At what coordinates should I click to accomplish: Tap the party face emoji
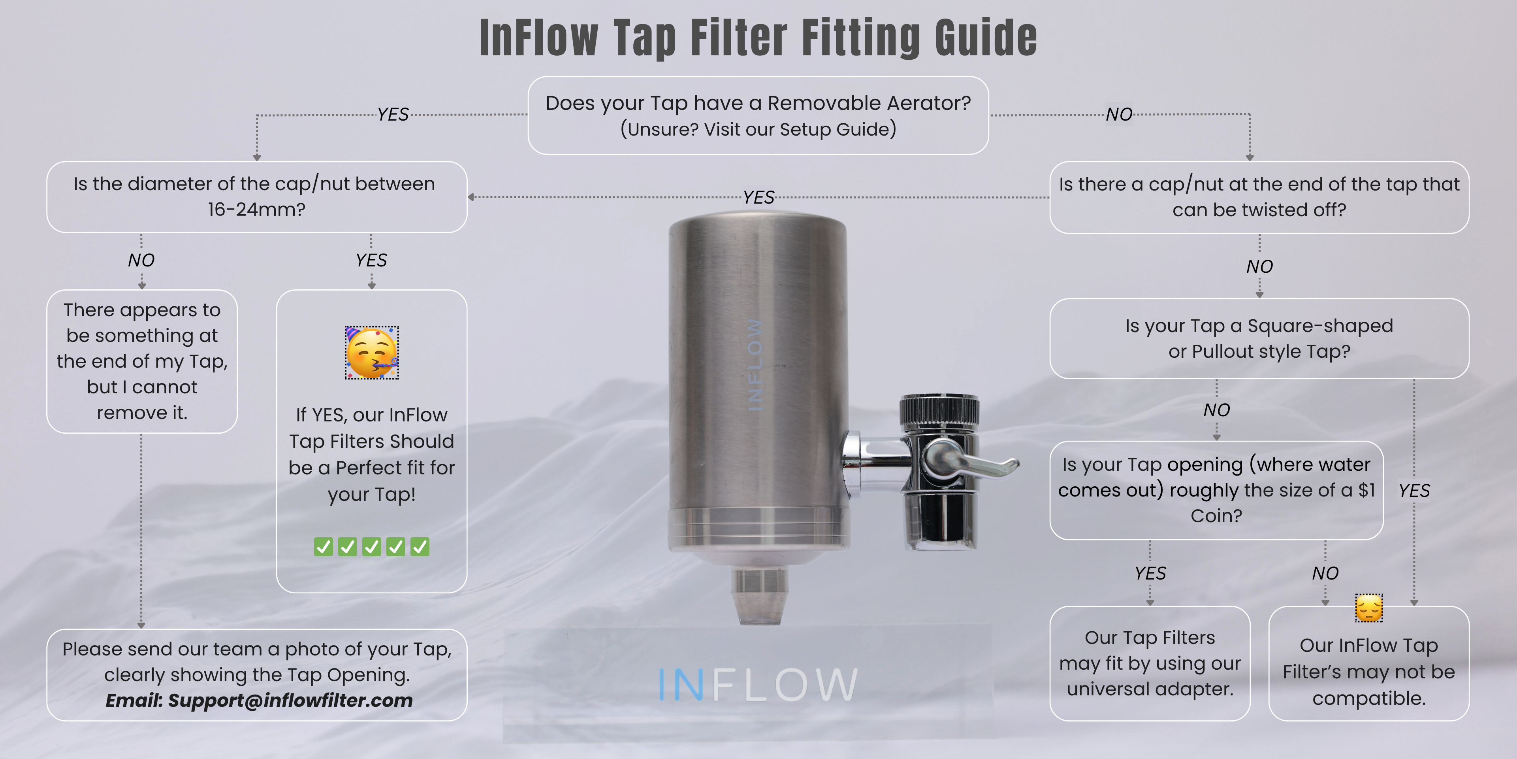pos(372,352)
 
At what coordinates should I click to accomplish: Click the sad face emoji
pos(1368,608)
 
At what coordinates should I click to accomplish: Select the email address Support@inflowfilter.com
pos(290,700)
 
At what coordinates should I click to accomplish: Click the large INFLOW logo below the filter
pos(758,684)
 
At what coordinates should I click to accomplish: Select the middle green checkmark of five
pos(372,547)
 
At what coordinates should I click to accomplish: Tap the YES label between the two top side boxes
pos(758,197)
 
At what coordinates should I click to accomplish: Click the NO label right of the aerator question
pos(1119,114)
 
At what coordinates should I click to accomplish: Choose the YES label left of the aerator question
pos(393,114)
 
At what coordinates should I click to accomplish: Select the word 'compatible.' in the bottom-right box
pos(1368,699)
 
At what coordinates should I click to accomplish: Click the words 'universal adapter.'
pos(1150,689)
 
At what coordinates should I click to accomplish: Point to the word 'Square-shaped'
pos(1320,326)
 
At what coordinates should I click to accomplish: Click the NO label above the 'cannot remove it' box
pos(141,261)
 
